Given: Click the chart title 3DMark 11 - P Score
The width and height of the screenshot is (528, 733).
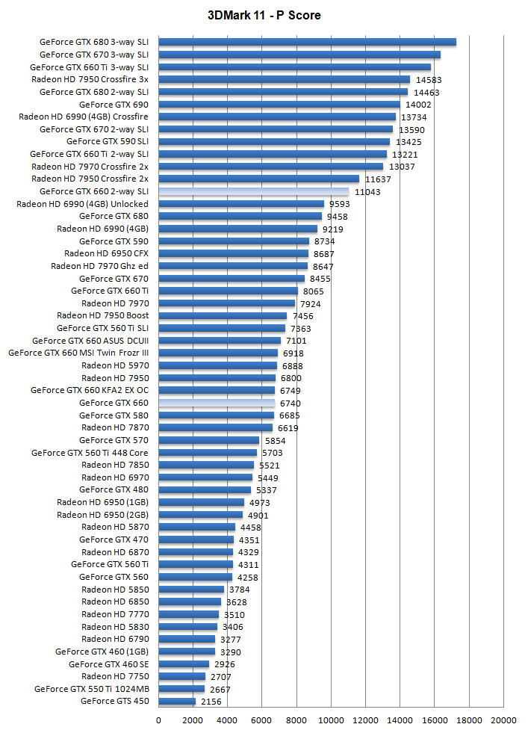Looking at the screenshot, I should coord(264,16).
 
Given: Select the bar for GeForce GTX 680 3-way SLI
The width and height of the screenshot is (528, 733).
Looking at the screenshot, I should coord(307,42).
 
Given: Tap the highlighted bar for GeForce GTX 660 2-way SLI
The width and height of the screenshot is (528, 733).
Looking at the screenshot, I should coord(254,191).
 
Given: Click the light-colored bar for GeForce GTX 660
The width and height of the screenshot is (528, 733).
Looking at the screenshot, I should coord(217,403).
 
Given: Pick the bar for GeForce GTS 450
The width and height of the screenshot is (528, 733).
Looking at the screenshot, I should coord(177,701).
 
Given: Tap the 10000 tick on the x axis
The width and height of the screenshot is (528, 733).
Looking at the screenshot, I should coord(331,720).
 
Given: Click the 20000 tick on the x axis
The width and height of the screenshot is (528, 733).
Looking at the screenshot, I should coord(503,720).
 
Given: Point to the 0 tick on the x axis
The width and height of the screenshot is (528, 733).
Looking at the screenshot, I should coord(158,720).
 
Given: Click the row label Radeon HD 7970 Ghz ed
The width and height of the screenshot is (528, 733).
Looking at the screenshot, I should coord(99,266).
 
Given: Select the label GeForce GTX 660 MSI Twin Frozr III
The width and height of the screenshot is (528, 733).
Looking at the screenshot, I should coord(78,353).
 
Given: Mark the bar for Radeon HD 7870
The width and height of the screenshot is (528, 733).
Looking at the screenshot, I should coord(216,427).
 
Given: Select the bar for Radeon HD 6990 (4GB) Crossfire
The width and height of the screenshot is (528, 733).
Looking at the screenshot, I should coord(277,117).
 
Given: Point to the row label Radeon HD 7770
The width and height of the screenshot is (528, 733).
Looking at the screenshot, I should coord(115,614).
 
